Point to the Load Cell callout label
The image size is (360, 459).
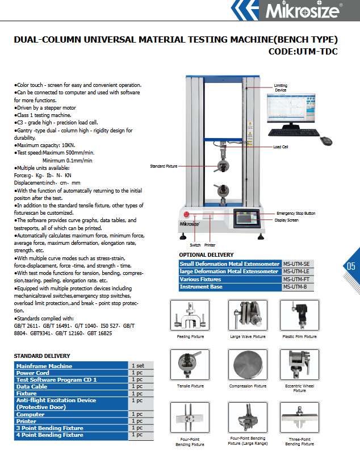click(x=281, y=147)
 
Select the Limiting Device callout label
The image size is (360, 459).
click(x=281, y=87)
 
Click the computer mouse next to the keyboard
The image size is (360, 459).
click(x=326, y=140)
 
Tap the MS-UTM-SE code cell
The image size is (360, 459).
click(x=297, y=264)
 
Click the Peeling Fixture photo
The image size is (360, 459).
click(x=190, y=318)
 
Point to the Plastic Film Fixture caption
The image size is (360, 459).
click(x=300, y=337)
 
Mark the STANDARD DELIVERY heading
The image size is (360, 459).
click(x=43, y=356)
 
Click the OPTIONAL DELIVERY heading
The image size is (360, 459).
click(x=206, y=255)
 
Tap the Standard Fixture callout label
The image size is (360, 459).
click(x=164, y=166)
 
